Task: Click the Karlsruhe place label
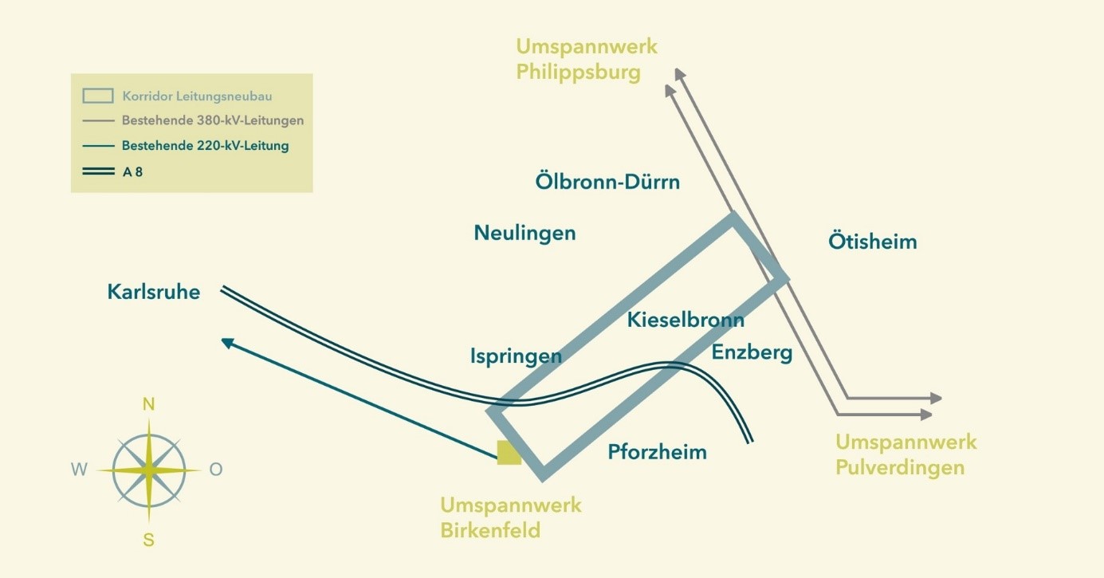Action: click(x=154, y=292)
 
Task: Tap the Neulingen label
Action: click(x=524, y=233)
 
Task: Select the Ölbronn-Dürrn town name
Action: click(x=607, y=181)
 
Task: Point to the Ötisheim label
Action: click(x=872, y=241)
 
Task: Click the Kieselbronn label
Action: click(x=686, y=320)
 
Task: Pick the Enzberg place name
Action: click(x=752, y=353)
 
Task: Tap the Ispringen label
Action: click(x=516, y=356)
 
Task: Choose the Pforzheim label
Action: click(x=657, y=452)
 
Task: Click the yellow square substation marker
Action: click(x=509, y=452)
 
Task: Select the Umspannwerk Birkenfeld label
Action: click(x=511, y=517)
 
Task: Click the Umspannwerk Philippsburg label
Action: click(x=587, y=59)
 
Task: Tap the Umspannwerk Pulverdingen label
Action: click(x=906, y=454)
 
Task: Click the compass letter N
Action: click(x=148, y=404)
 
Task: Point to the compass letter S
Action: click(x=148, y=540)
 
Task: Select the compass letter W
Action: click(x=80, y=470)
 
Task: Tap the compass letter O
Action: click(x=216, y=470)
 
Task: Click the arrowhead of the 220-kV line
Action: click(x=227, y=342)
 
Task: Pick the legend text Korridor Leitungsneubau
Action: click(x=197, y=96)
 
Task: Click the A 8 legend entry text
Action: click(x=132, y=172)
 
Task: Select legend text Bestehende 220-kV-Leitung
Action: click(x=206, y=146)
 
